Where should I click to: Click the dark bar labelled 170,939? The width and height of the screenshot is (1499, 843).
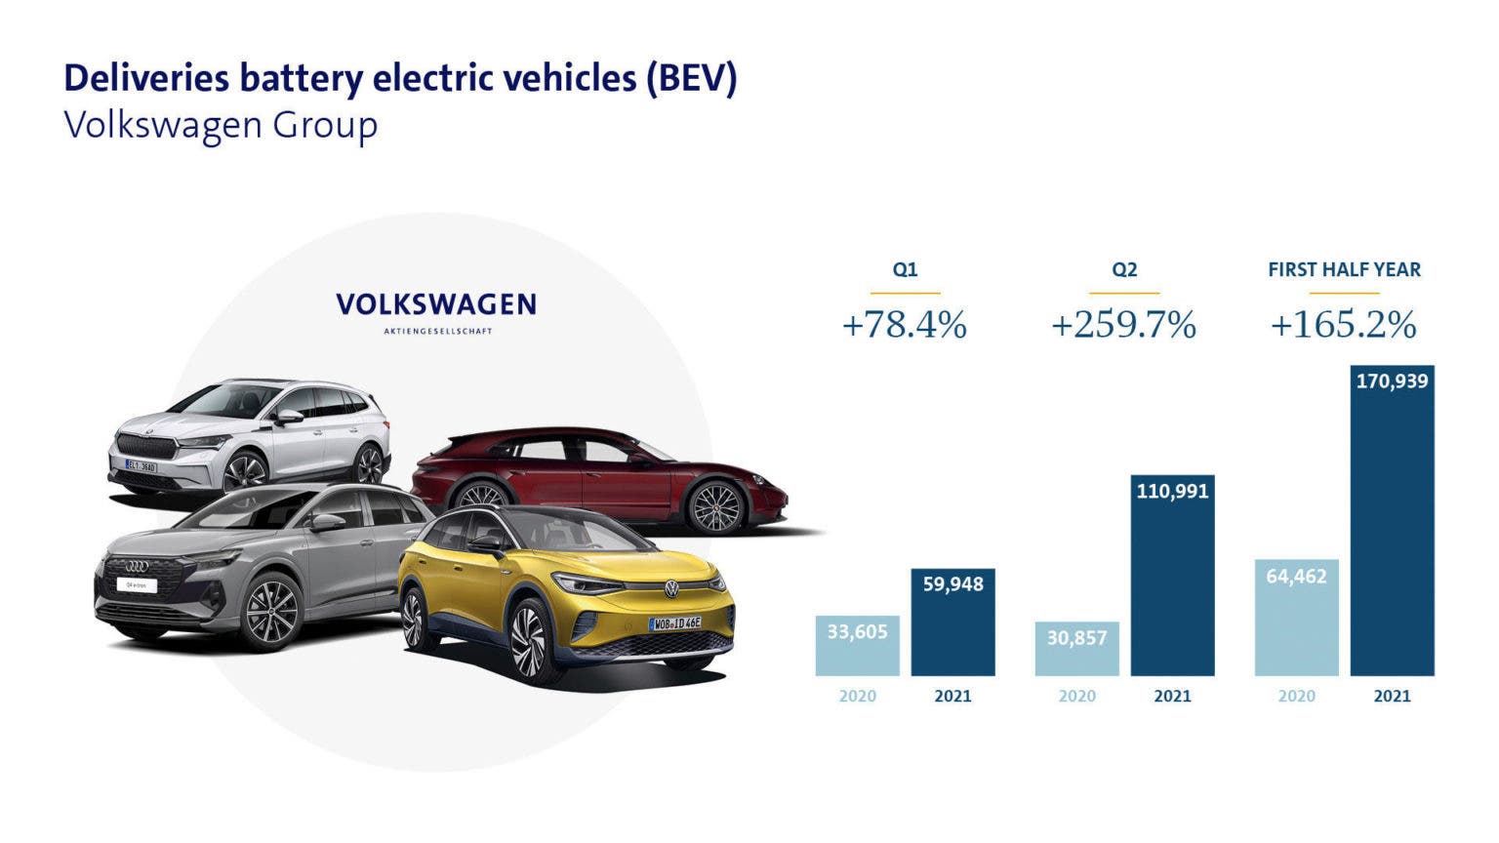pyautogui.click(x=1392, y=521)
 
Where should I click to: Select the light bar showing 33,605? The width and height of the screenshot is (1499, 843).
pyautogui.click(x=857, y=645)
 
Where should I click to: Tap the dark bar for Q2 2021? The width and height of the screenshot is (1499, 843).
pyautogui.click(x=1172, y=576)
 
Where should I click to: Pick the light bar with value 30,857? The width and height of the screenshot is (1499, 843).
pyautogui.click(x=1076, y=649)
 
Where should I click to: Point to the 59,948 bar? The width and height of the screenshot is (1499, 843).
pyautogui.click(x=952, y=622)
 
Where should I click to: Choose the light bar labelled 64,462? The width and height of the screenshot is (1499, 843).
pyautogui.click(x=1296, y=618)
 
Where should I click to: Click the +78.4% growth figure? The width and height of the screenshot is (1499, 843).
pyautogui.click(x=904, y=325)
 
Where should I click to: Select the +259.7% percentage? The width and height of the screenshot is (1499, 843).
pyautogui.click(x=1123, y=325)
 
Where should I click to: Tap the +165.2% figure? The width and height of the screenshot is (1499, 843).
pyautogui.click(x=1343, y=325)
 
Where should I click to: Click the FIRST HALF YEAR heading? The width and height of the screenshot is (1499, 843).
pyautogui.click(x=1344, y=269)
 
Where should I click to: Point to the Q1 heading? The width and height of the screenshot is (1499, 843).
pyautogui.click(x=905, y=269)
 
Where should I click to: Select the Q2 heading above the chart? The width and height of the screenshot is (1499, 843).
pyautogui.click(x=1124, y=269)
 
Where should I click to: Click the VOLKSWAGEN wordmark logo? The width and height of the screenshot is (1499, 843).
pyautogui.click(x=436, y=304)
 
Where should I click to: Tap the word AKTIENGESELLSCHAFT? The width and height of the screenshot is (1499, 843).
pyautogui.click(x=437, y=331)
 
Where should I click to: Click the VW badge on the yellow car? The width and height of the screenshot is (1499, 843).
pyautogui.click(x=671, y=588)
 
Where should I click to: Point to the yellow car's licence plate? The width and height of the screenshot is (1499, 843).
pyautogui.click(x=675, y=622)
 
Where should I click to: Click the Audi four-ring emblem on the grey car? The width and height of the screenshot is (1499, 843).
pyautogui.click(x=136, y=566)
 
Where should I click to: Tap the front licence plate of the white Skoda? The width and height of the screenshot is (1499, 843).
pyautogui.click(x=141, y=466)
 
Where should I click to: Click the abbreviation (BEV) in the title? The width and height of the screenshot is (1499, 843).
pyautogui.click(x=691, y=78)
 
